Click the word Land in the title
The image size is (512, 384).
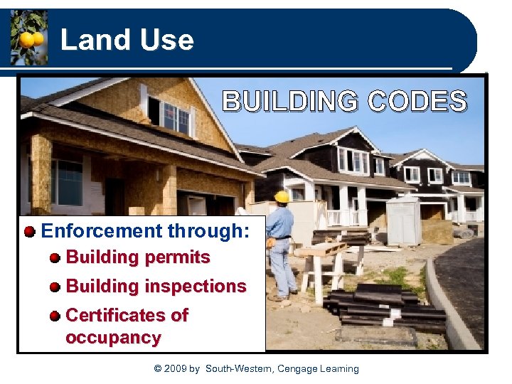point(87,40)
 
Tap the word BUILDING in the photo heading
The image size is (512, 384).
point(290,102)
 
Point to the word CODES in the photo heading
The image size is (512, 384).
point(417,102)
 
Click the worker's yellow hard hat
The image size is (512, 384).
point(282,197)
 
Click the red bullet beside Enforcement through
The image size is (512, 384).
point(30,232)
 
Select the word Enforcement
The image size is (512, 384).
point(102,231)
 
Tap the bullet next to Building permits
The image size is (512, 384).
point(55,258)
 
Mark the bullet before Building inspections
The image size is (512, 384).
point(55,287)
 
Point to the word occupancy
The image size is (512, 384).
point(113,337)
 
